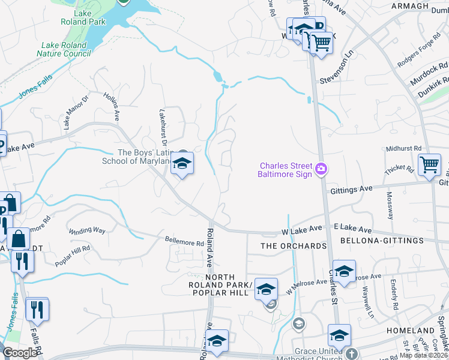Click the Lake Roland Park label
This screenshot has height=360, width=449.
[x=83, y=17]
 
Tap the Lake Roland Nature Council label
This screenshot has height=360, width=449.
[x=64, y=49]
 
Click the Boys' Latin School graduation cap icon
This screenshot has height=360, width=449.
[x=181, y=163]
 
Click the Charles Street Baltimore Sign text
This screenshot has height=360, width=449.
[x=286, y=170]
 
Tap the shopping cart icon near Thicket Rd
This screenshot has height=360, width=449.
[x=430, y=164]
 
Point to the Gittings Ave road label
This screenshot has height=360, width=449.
[x=352, y=189]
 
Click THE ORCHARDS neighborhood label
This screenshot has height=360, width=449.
[x=294, y=246]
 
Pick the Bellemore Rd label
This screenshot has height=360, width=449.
[x=184, y=243]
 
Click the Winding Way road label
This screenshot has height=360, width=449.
[x=87, y=230]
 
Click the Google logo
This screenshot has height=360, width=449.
[x=19, y=353]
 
